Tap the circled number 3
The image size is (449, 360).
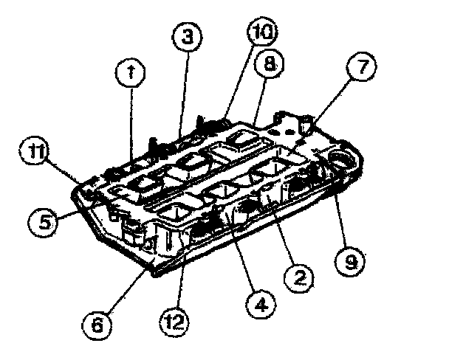pyautogui.click(x=188, y=38)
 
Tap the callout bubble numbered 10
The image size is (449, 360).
pyautogui.click(x=261, y=32)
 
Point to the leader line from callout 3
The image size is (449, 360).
pyautogui.click(x=184, y=89)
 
